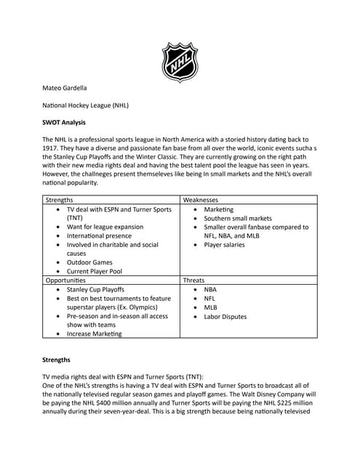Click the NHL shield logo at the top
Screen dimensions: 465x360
click(x=180, y=62)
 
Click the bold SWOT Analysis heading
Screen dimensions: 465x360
click(x=64, y=122)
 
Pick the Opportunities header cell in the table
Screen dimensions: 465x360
click(x=65, y=280)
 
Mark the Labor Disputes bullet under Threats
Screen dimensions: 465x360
click(x=225, y=316)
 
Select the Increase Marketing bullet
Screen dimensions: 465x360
click(x=95, y=334)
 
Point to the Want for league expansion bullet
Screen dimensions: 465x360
click(x=105, y=227)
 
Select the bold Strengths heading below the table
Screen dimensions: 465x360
click(x=58, y=359)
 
